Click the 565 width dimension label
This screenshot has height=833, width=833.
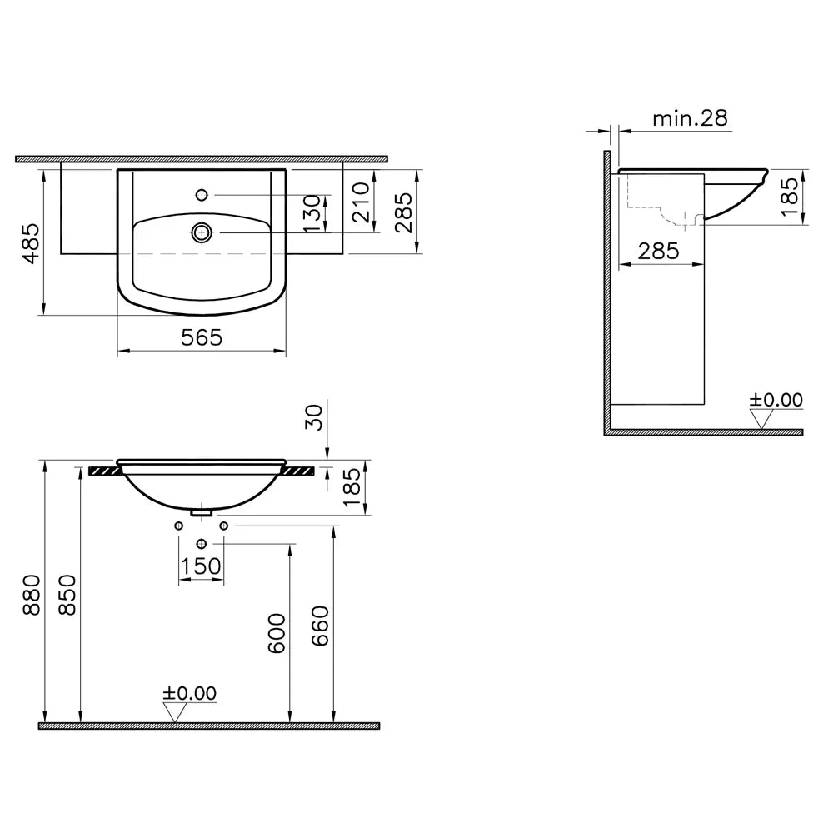click(202, 337)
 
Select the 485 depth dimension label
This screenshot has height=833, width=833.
click(32, 243)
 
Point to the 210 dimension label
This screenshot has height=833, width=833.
click(361, 202)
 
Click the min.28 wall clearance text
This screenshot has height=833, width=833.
click(690, 118)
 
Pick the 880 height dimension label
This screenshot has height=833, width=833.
click(32, 595)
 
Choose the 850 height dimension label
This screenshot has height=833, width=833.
click(67, 595)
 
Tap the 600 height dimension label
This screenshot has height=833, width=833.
click(277, 633)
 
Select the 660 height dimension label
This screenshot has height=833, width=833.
click(320, 626)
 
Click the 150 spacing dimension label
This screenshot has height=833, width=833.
click(201, 566)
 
